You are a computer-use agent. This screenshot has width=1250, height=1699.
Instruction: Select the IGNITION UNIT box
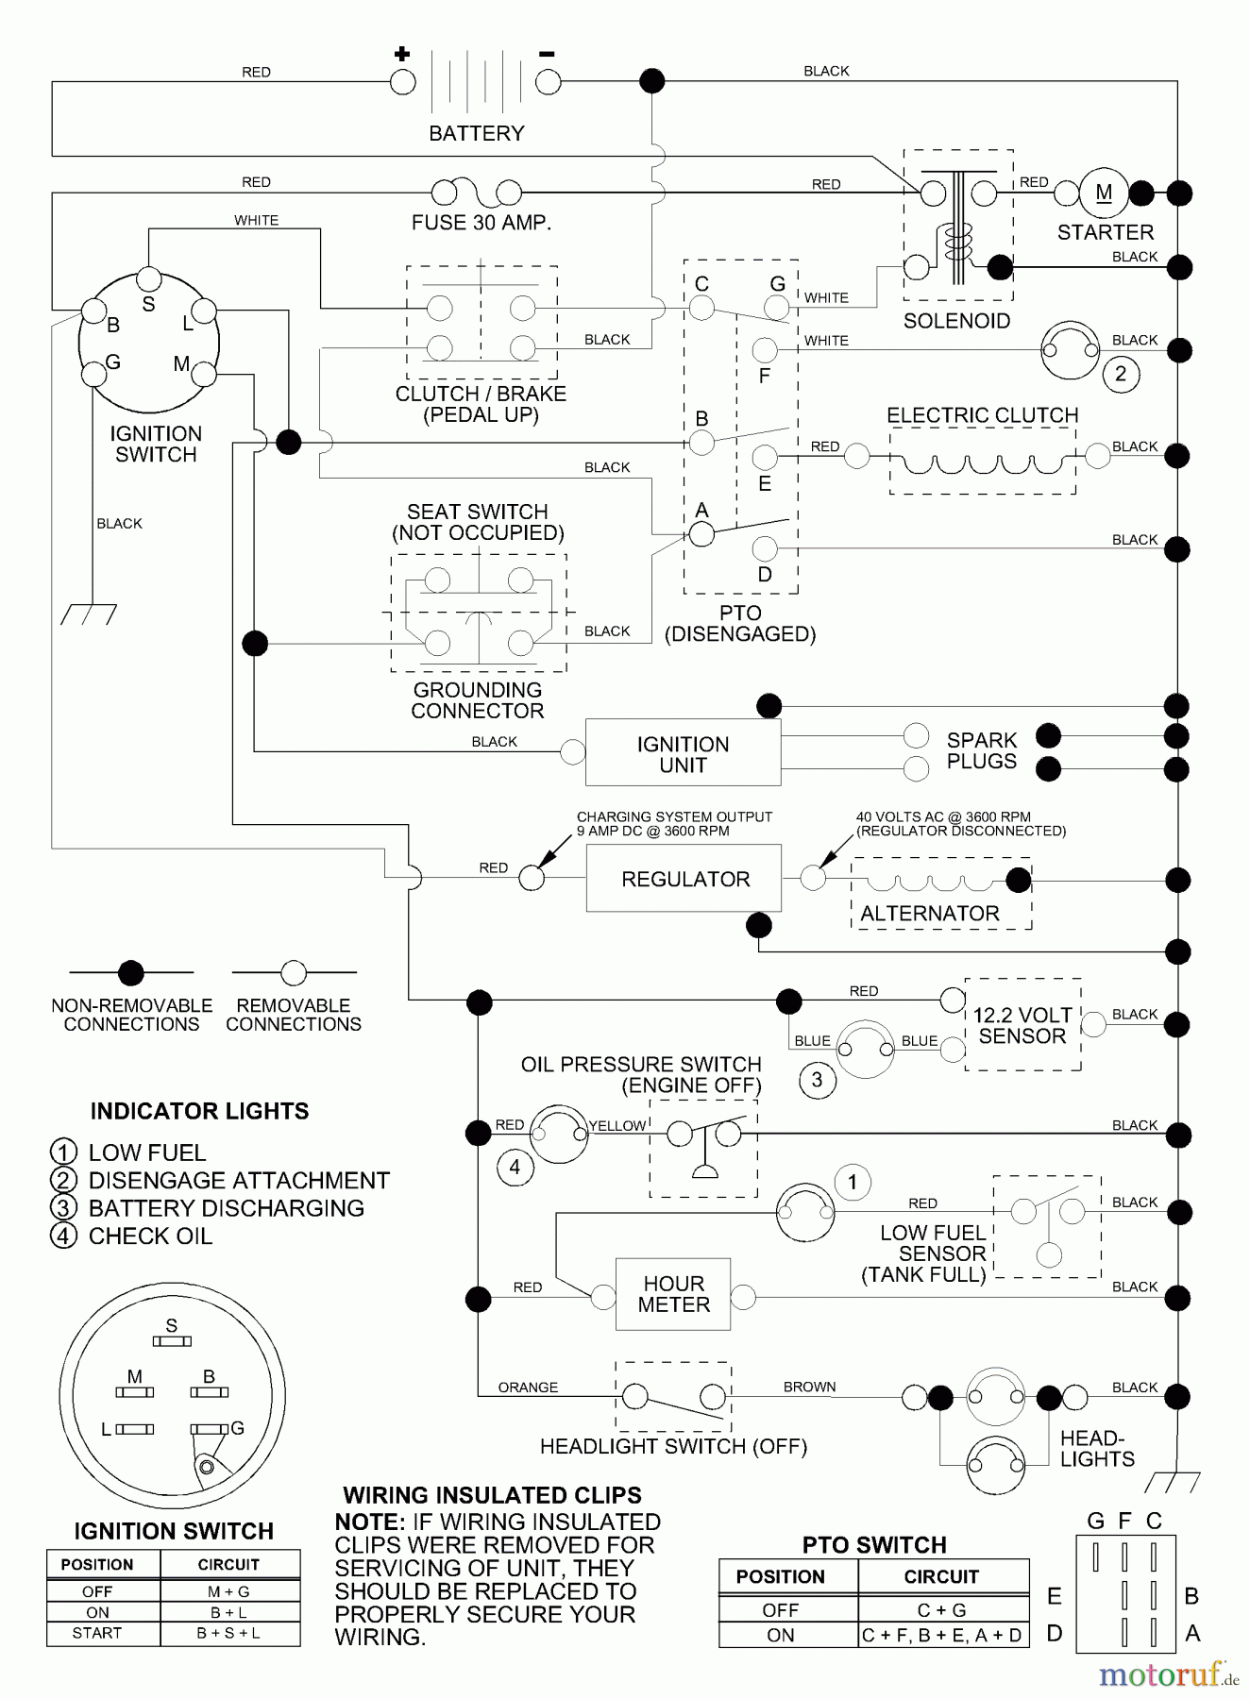click(x=683, y=753)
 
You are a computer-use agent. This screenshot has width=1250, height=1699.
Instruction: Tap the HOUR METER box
click(x=673, y=1294)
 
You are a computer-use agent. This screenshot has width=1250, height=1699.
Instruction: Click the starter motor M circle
click(x=1104, y=193)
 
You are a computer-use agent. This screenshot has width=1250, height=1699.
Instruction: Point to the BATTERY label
click(x=476, y=133)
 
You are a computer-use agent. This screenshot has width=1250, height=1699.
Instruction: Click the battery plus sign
click(x=402, y=54)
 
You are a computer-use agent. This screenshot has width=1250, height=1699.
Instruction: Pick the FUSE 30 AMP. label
click(x=481, y=223)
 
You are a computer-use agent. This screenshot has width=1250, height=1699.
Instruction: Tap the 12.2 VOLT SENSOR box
click(x=1022, y=1025)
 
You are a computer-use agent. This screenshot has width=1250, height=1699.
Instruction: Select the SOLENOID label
click(x=956, y=321)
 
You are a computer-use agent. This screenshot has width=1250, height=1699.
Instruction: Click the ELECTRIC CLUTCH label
click(x=982, y=415)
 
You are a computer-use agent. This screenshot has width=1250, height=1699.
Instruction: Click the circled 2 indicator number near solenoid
click(x=1121, y=374)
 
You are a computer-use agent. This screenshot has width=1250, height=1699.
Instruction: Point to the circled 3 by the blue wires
click(x=817, y=1080)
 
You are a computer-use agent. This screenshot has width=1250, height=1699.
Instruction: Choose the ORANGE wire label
click(x=528, y=1388)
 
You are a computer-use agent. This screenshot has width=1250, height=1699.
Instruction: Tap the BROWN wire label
click(x=809, y=1387)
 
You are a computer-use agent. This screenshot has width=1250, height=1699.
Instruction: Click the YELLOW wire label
click(x=617, y=1125)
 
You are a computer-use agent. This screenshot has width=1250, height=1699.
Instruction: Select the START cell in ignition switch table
click(x=97, y=1633)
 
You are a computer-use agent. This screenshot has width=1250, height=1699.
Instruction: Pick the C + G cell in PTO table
click(x=941, y=1610)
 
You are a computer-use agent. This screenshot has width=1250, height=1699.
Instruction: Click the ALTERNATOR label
click(x=929, y=914)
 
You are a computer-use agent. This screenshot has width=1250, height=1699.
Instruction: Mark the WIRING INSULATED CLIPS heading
click(x=492, y=1495)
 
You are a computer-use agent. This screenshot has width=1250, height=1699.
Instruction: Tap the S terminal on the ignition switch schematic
click(x=149, y=278)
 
